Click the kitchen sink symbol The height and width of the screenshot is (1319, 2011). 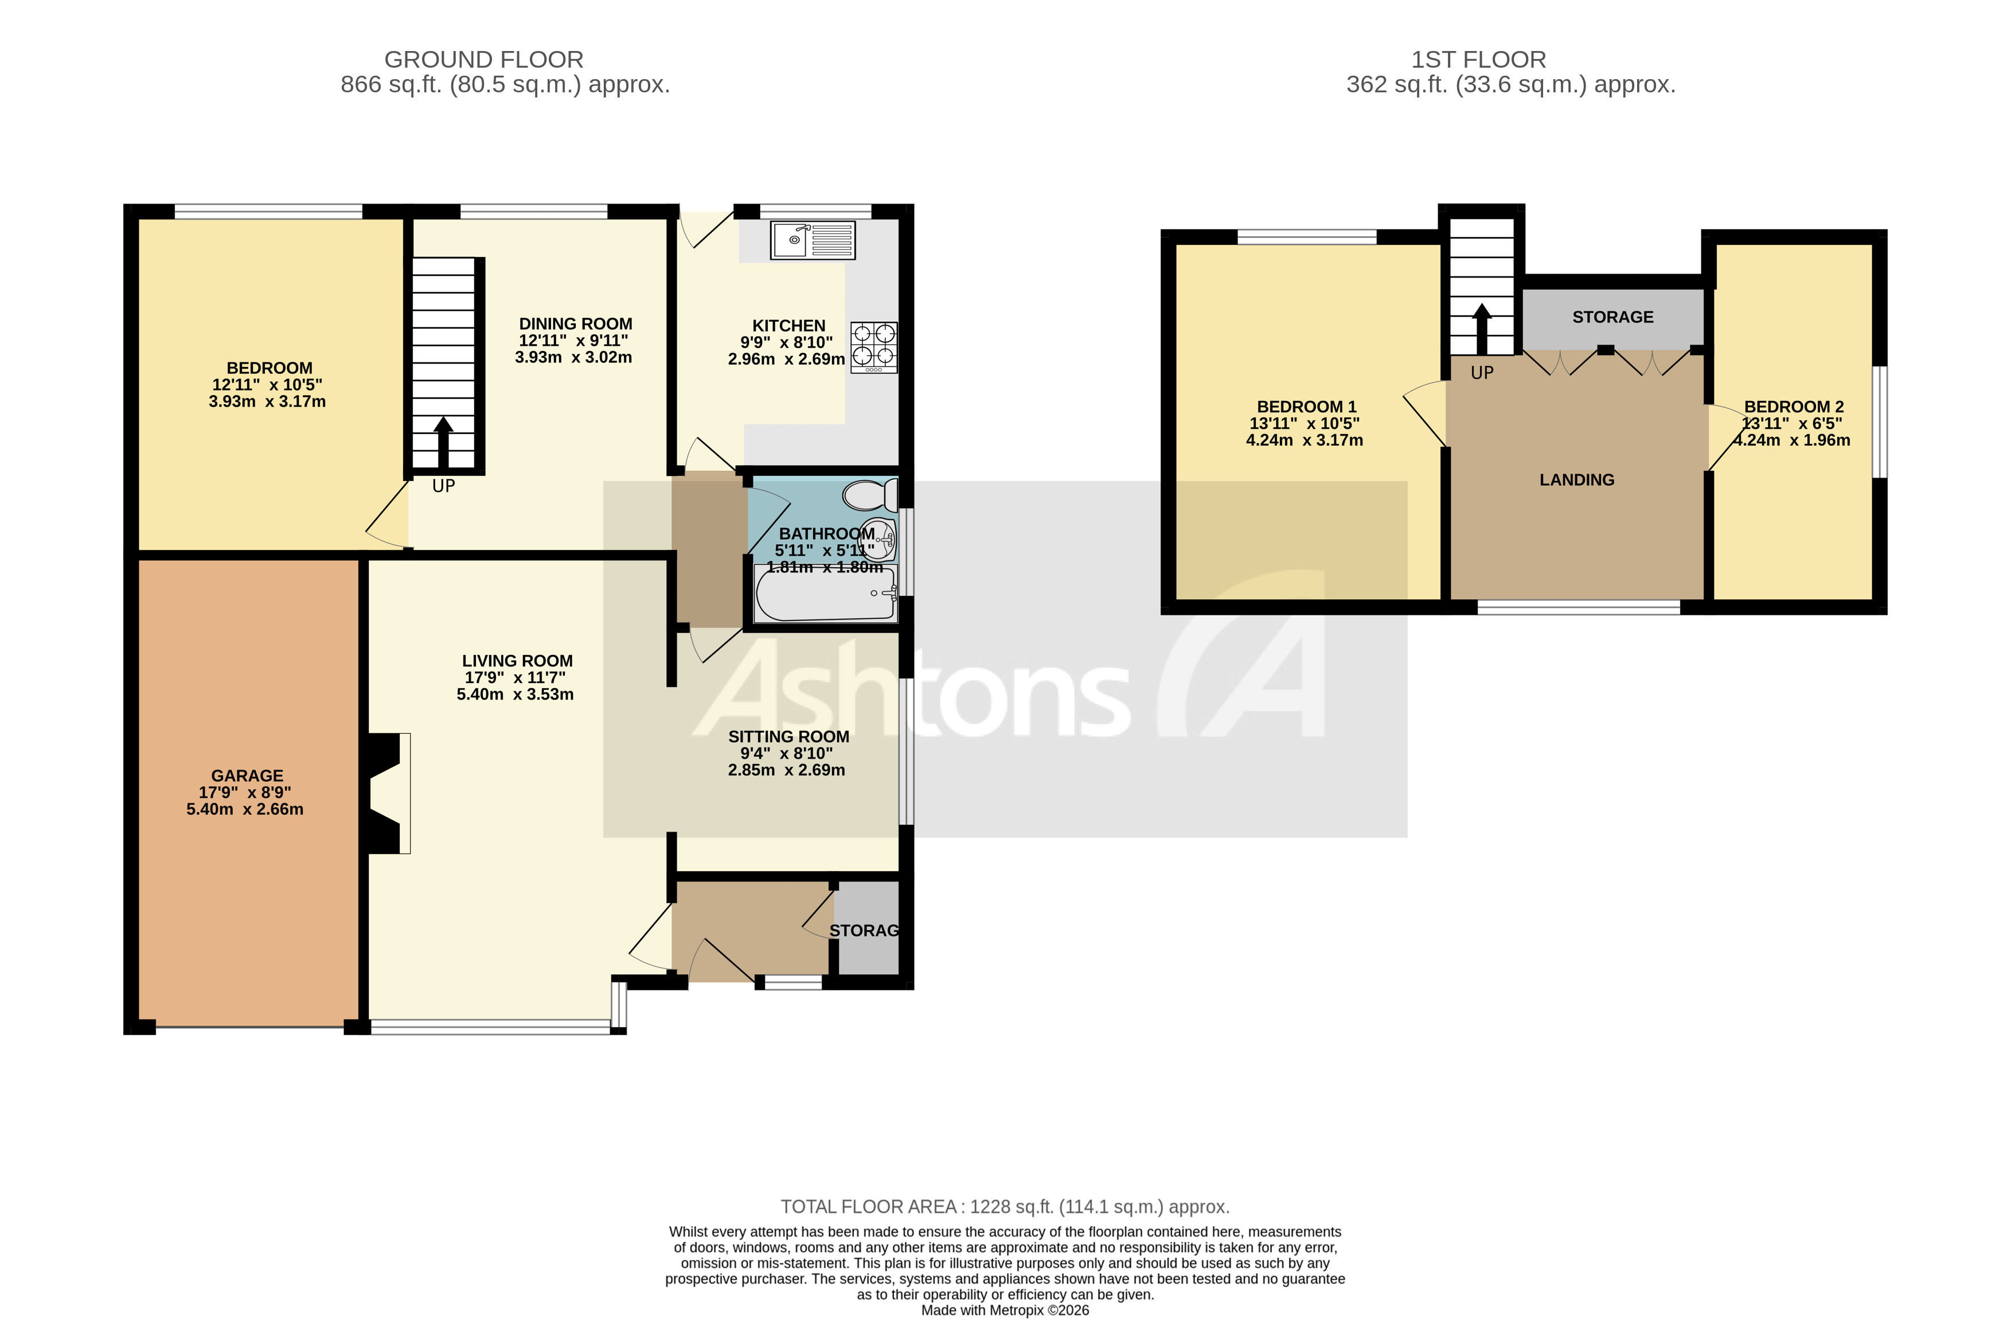812,240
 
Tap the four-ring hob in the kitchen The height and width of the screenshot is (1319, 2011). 874,346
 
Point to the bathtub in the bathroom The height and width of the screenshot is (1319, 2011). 826,594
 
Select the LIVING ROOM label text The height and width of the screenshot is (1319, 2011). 517,661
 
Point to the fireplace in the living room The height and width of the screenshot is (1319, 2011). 387,794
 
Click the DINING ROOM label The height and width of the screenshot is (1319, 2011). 575,323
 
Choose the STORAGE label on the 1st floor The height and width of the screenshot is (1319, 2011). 1612,317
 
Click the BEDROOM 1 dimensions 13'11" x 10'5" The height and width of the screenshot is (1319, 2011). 1304,423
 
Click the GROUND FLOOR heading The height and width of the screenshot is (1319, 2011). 483,59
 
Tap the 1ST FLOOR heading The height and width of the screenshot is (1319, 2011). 1478,59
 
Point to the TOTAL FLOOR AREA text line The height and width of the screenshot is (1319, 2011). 1004,1207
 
